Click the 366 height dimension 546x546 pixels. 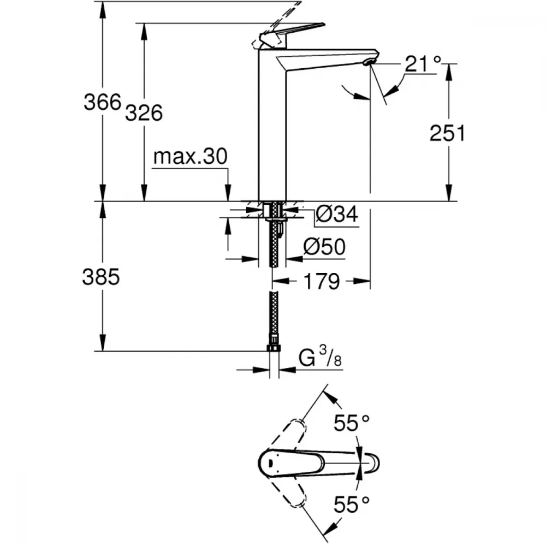coord(103,102)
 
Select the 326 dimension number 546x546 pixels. coord(144,113)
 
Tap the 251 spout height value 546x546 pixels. coord(447,133)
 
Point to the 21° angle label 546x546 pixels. coord(423,64)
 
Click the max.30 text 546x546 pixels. coord(190,156)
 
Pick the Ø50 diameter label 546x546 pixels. coord(324,247)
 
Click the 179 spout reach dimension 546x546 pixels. coord(322,281)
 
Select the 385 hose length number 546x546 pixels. coord(101,277)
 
